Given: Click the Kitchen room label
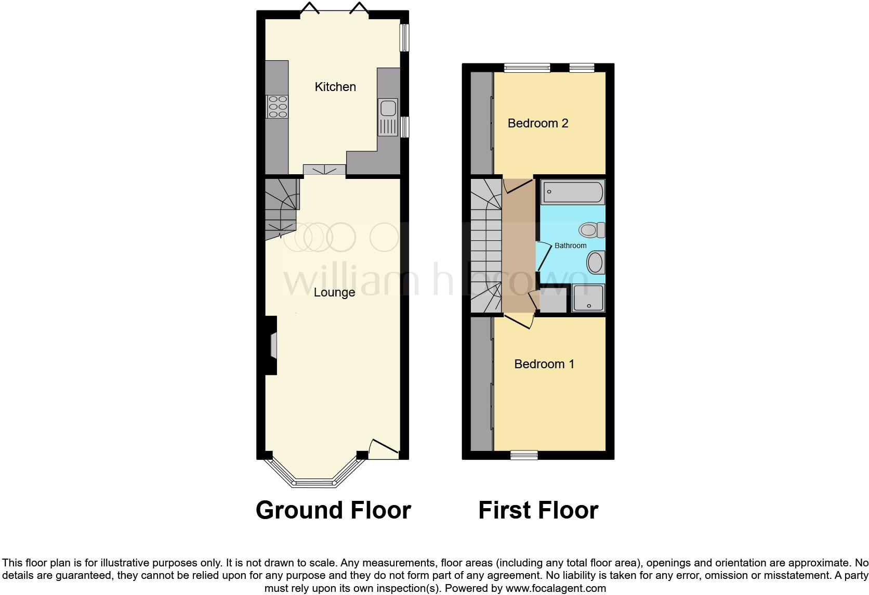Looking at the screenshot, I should click(x=335, y=87).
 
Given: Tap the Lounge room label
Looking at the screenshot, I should click(x=334, y=292).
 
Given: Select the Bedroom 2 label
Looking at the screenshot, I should click(x=538, y=123).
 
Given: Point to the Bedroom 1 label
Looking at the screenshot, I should click(x=544, y=364).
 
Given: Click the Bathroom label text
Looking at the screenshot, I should click(x=570, y=245).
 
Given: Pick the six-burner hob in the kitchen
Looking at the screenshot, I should click(x=277, y=107).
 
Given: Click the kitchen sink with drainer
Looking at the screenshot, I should click(x=388, y=117).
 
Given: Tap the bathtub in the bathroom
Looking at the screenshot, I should click(x=573, y=192).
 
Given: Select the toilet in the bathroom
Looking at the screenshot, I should click(x=592, y=229).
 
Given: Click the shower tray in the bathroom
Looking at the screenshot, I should click(x=588, y=298).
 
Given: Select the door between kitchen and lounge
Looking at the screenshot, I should click(x=324, y=170).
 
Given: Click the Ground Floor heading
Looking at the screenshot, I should click(x=333, y=510).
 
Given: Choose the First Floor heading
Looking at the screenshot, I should click(x=538, y=510).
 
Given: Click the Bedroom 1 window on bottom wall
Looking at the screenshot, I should click(x=524, y=456).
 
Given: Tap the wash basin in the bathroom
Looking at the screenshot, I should click(x=596, y=262).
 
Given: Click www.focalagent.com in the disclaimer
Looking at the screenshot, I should click(x=556, y=589).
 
